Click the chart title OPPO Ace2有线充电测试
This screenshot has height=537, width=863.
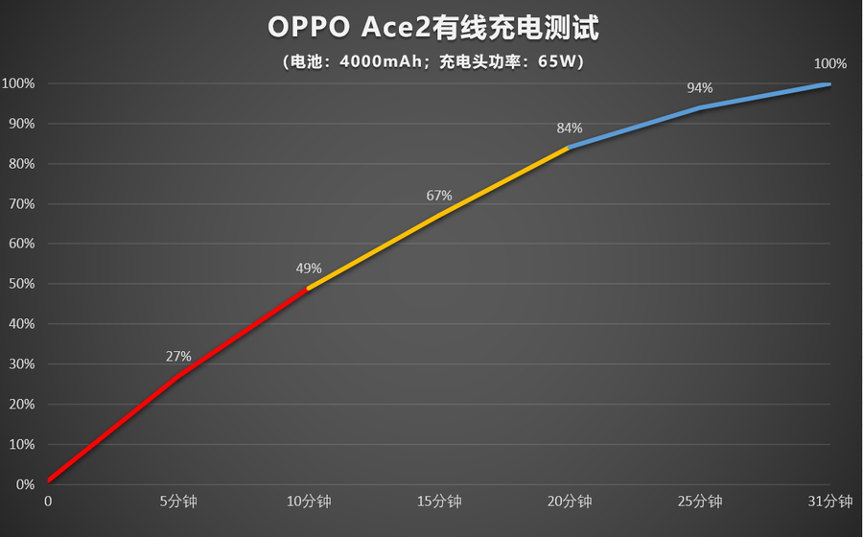click(x=432, y=29)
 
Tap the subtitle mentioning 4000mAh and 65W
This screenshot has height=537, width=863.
click(x=432, y=62)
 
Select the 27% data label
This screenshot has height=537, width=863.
click(x=178, y=357)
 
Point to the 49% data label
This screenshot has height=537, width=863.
click(x=309, y=268)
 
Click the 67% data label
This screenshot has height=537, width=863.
click(x=439, y=196)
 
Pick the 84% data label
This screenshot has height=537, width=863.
click(x=570, y=128)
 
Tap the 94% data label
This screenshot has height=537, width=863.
click(x=700, y=88)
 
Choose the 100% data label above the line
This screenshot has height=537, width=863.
click(x=830, y=64)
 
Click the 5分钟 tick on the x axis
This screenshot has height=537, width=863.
click(x=178, y=502)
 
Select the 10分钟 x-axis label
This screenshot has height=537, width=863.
click(x=309, y=502)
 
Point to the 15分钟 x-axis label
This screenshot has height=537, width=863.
click(x=439, y=502)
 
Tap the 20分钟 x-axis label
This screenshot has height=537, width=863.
click(x=570, y=502)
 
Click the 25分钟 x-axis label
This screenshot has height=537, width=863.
click(x=700, y=502)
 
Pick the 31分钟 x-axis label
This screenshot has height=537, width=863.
click(x=830, y=502)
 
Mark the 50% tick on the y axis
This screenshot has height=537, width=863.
click(x=19, y=284)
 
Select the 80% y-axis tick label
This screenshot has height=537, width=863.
click(x=19, y=164)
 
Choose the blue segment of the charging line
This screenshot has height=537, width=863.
click(x=700, y=107)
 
